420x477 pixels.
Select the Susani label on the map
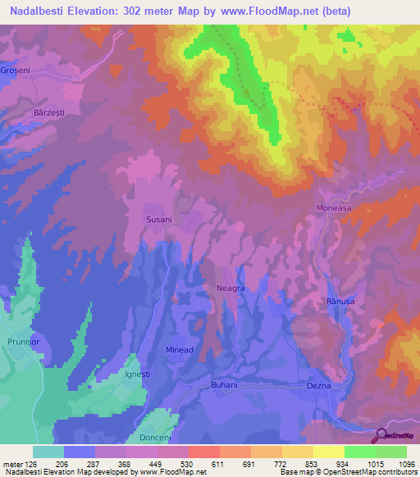point(158,220)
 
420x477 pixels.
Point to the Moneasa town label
point(334,209)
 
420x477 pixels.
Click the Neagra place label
point(231,289)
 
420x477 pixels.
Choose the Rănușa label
point(341,302)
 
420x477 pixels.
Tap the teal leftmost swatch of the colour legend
point(48,452)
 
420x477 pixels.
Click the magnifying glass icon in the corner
point(382,437)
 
